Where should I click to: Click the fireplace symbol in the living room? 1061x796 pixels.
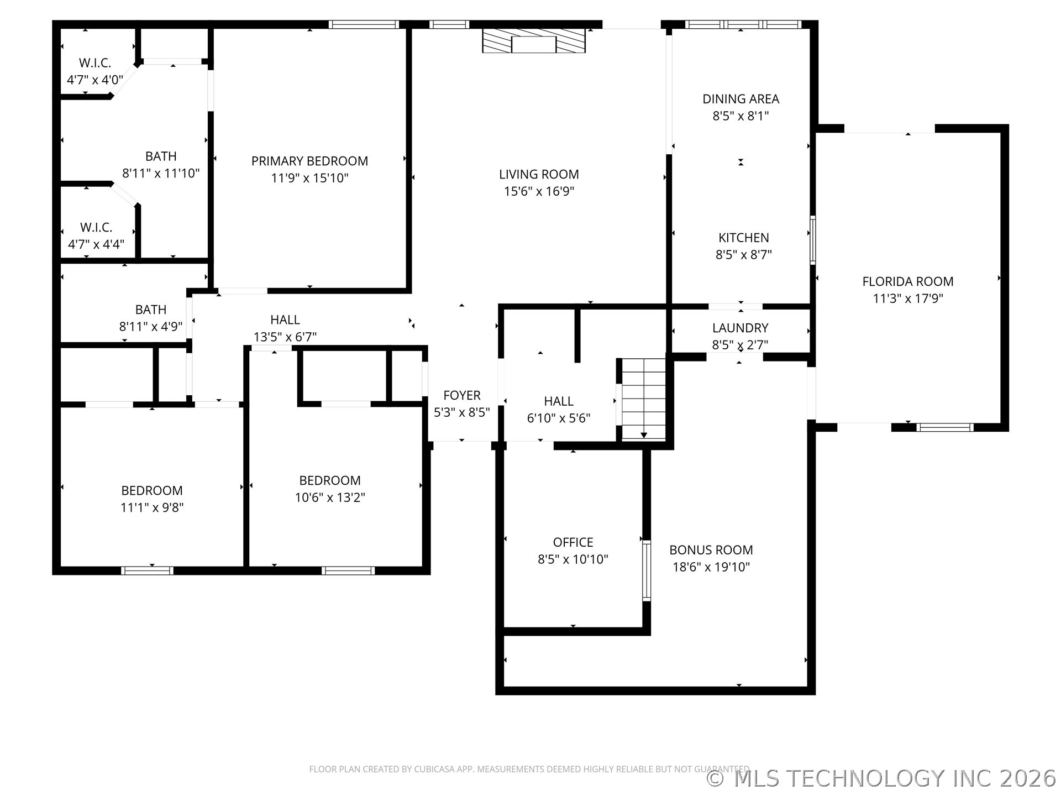click(533, 41)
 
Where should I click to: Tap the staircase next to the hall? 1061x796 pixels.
click(644, 399)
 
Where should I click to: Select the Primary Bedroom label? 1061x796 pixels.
click(309, 161)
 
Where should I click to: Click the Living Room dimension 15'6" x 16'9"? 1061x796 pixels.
click(539, 191)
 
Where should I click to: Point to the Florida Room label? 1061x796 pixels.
click(908, 281)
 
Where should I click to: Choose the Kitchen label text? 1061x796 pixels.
click(743, 238)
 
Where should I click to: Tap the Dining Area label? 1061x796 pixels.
click(740, 99)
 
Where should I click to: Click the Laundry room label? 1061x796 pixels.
click(740, 328)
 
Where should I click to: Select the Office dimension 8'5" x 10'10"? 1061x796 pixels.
click(572, 559)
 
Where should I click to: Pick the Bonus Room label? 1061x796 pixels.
click(711, 550)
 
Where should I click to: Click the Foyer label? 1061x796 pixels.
click(461, 395)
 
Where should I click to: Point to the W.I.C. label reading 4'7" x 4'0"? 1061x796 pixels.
click(95, 80)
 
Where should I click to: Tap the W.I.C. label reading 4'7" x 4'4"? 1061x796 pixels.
click(96, 244)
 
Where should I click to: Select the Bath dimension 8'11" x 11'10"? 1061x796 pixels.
click(160, 173)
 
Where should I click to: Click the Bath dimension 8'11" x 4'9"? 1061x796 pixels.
click(150, 326)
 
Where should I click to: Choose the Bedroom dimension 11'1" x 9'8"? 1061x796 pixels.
click(152, 507)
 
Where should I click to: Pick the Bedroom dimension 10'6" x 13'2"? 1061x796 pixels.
click(330, 497)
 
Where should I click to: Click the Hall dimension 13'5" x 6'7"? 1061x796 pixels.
click(285, 336)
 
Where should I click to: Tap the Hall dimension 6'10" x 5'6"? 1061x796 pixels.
click(559, 418)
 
